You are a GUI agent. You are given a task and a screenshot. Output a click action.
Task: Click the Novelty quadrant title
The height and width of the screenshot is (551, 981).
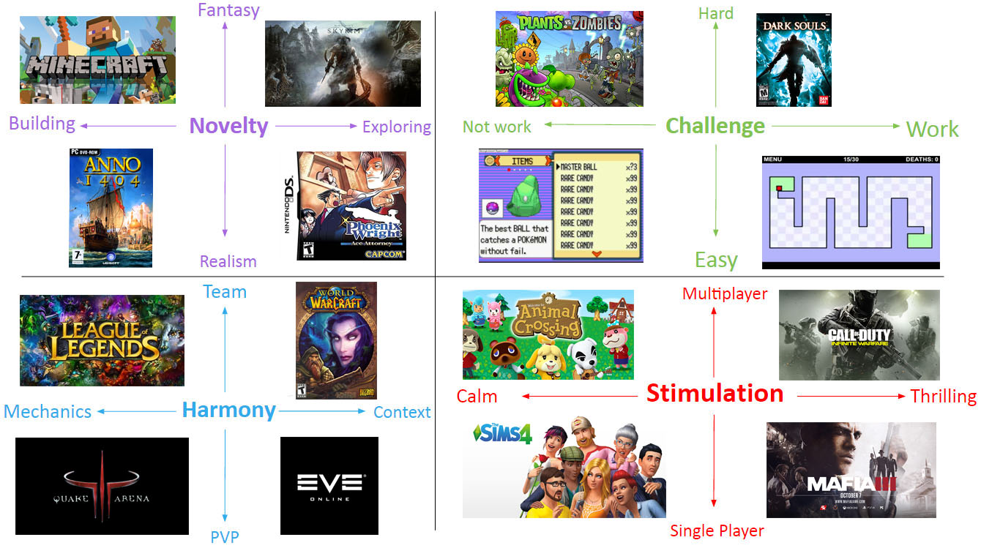pyautogui.click(x=228, y=126)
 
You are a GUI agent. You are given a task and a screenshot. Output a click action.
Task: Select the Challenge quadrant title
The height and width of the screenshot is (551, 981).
pyautogui.click(x=715, y=126)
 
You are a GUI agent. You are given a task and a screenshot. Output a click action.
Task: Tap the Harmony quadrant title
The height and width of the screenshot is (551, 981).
pyautogui.click(x=228, y=410)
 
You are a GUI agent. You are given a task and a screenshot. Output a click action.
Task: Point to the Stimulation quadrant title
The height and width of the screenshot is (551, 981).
pyautogui.click(x=715, y=394)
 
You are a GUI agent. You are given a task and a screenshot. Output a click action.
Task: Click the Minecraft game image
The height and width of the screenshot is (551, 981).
pyautogui.click(x=97, y=60)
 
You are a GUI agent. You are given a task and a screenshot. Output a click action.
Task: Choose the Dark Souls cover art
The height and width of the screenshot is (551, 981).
pyautogui.click(x=794, y=60)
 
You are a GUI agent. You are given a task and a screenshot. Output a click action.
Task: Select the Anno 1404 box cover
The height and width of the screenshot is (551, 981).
pyautogui.click(x=111, y=208)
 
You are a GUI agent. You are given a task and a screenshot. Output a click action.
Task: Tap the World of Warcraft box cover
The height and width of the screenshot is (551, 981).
pyautogui.click(x=336, y=340)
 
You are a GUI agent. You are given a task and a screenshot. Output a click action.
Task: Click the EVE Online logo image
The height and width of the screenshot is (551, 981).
pyautogui.click(x=329, y=486)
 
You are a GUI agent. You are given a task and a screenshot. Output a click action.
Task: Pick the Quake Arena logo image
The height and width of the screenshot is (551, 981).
pyautogui.click(x=102, y=486)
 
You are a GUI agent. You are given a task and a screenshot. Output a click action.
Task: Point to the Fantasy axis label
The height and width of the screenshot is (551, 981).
pyautogui.click(x=228, y=10)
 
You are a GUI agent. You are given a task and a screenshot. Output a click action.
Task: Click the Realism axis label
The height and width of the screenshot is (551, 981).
pyautogui.click(x=228, y=261)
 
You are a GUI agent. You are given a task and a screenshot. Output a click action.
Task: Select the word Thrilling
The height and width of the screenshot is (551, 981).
pyautogui.click(x=943, y=397)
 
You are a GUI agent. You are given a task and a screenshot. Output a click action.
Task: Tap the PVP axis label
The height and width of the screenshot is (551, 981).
pyautogui.click(x=224, y=536)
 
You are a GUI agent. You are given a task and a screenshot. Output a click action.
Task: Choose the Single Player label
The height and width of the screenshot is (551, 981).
pyautogui.click(x=717, y=531)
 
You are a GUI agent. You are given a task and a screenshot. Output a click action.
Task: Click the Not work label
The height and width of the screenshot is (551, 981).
pyautogui.click(x=496, y=127)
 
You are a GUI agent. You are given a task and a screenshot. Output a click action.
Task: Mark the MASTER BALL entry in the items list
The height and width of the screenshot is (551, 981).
pyautogui.click(x=579, y=167)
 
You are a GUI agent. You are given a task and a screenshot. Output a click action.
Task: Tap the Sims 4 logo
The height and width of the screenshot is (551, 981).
pyautogui.click(x=503, y=433)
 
